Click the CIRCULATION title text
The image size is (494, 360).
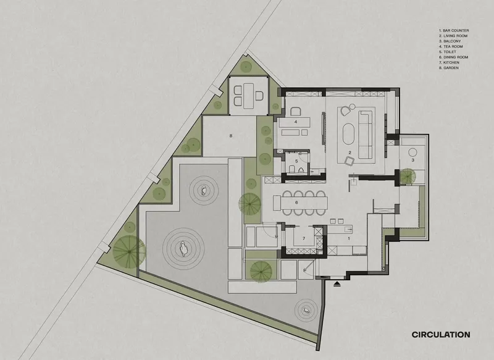[x=441, y=335]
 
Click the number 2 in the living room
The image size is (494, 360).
[x=350, y=152]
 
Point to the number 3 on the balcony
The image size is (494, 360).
[x=412, y=160]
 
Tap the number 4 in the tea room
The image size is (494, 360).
[x=296, y=122]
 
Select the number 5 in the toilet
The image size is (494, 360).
[x=296, y=161]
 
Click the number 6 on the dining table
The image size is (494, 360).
[x=296, y=202]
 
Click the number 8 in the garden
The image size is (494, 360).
[x=230, y=135]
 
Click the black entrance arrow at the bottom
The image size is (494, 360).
[x=337, y=284]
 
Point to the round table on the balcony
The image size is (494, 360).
[x=412, y=153]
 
